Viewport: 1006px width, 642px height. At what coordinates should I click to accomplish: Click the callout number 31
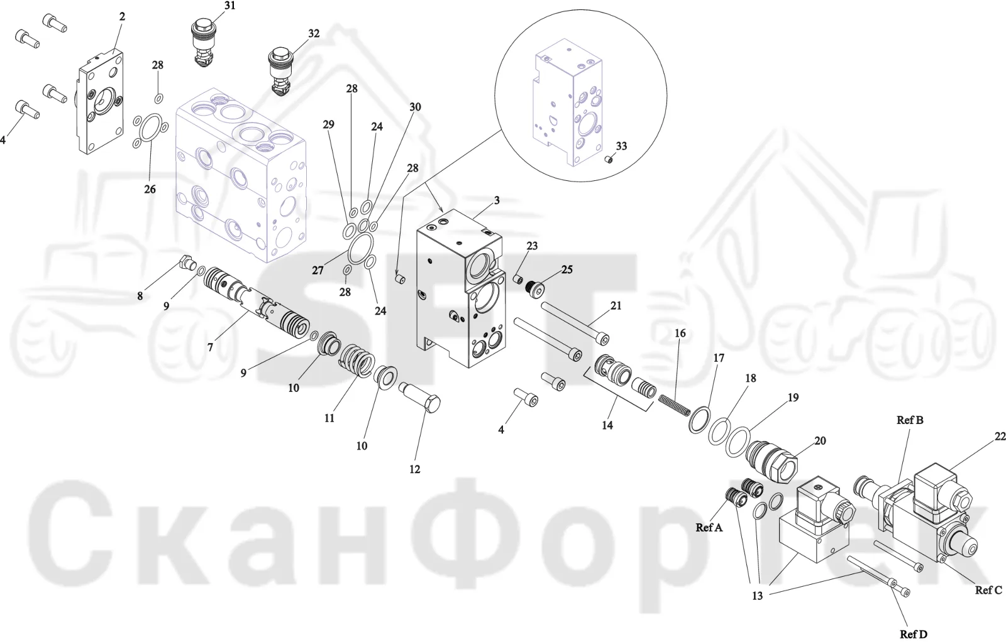click(229, 6)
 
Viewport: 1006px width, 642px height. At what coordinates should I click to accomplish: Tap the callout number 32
click(314, 34)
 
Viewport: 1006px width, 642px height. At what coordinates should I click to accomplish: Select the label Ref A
click(709, 528)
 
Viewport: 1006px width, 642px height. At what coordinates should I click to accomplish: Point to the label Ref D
click(914, 634)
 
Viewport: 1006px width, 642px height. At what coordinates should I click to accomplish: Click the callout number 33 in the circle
click(621, 146)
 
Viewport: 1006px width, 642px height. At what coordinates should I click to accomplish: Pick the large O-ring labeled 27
click(361, 249)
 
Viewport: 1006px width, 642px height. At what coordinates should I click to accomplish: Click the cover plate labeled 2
click(101, 102)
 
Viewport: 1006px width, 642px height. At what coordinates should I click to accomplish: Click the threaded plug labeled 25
click(534, 288)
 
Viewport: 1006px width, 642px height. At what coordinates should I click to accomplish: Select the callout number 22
click(1000, 437)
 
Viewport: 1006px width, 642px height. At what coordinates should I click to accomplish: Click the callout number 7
click(210, 347)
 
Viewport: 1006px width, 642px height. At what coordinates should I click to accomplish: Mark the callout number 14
click(607, 425)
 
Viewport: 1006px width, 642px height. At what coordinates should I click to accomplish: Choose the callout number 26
click(150, 189)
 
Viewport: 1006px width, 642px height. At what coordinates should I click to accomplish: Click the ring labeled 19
click(738, 441)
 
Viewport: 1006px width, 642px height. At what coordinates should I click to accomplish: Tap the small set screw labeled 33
click(609, 160)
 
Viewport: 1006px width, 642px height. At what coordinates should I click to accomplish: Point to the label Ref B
click(910, 420)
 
